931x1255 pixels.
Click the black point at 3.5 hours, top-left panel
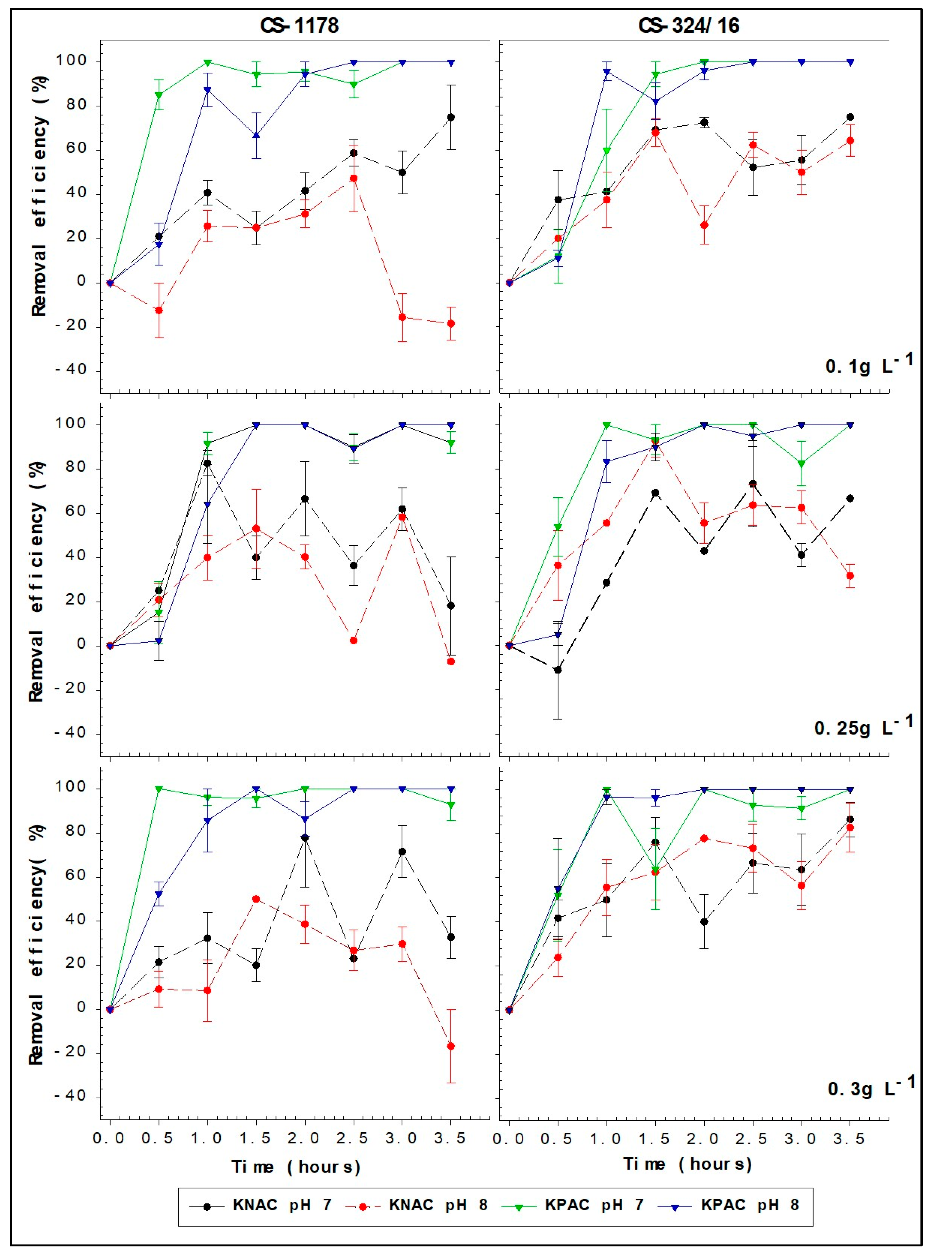click(x=451, y=117)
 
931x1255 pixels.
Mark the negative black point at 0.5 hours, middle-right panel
click(x=557, y=670)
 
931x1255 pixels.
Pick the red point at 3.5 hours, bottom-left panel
click(x=451, y=1046)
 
